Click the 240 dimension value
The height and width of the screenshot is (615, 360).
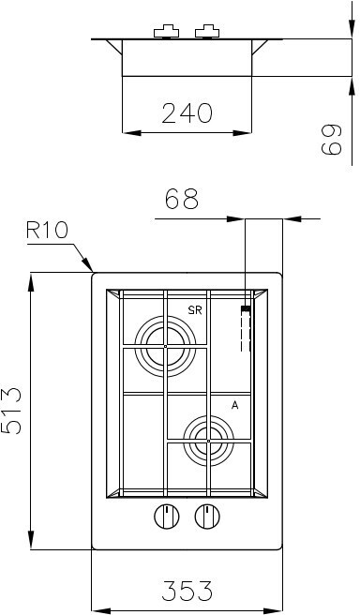click(x=187, y=112)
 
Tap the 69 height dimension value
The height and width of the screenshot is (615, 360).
click(x=331, y=140)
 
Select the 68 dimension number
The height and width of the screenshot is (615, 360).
click(x=182, y=199)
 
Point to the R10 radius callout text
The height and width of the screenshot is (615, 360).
click(x=47, y=231)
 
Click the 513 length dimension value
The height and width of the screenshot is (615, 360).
click(x=11, y=411)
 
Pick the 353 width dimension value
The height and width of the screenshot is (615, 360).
click(x=187, y=591)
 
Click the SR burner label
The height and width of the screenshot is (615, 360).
click(x=195, y=310)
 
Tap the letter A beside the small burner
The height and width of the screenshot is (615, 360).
click(x=235, y=406)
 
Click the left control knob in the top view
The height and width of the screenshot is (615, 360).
click(x=167, y=517)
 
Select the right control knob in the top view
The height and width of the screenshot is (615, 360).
click(x=207, y=517)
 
